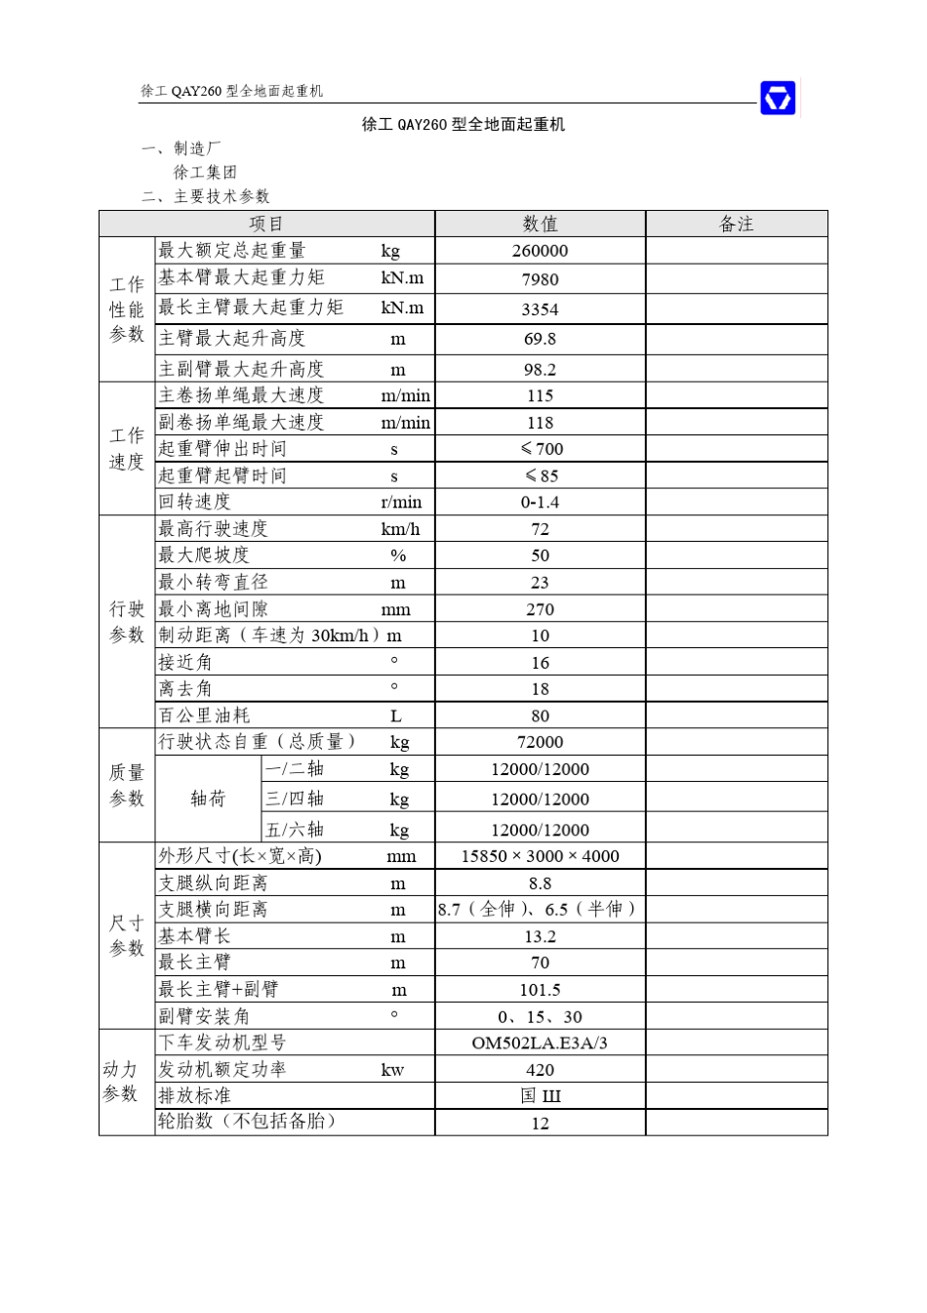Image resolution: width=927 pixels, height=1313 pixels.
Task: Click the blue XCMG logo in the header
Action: pyautogui.click(x=778, y=98)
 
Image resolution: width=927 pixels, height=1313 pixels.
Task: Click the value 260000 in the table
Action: pyautogui.click(x=540, y=251)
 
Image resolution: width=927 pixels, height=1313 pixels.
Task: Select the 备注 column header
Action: pyautogui.click(x=736, y=225)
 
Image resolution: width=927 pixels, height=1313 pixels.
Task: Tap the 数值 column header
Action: pyautogui.click(x=540, y=225)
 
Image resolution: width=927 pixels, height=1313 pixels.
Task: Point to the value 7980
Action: pyautogui.click(x=540, y=280)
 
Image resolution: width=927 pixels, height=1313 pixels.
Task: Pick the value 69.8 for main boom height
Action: pyautogui.click(x=540, y=340)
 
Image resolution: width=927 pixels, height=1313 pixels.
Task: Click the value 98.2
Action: pyautogui.click(x=540, y=370)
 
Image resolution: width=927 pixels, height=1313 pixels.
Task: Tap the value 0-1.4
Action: pyautogui.click(x=540, y=503)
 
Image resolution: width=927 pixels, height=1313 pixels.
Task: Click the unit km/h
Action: pyautogui.click(x=400, y=529)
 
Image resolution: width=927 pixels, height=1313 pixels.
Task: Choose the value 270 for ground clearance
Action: pyautogui.click(x=540, y=610)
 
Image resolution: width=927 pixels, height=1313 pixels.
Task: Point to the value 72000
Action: pyautogui.click(x=540, y=742)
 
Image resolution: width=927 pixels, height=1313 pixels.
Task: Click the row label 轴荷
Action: pyautogui.click(x=208, y=799)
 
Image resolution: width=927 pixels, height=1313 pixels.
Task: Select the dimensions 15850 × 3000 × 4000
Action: pyautogui.click(x=540, y=856)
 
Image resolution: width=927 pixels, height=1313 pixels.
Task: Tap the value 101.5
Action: pyautogui.click(x=540, y=990)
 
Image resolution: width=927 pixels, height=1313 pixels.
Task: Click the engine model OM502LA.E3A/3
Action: pyautogui.click(x=540, y=1044)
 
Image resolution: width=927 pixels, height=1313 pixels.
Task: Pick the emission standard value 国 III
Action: pyautogui.click(x=540, y=1096)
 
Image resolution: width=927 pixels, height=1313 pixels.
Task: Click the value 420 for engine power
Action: pyautogui.click(x=540, y=1070)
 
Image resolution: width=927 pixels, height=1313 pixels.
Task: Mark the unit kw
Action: pyautogui.click(x=392, y=1070)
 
